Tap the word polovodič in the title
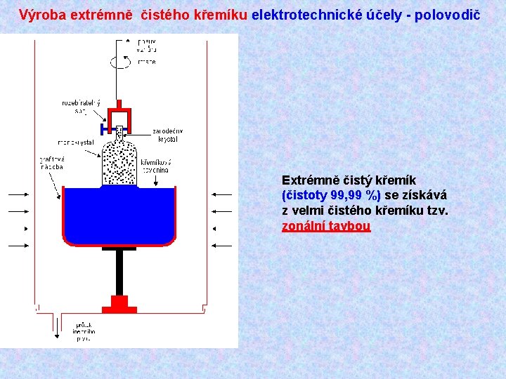448,14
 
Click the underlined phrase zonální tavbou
325,226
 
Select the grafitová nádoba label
51,163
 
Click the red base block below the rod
119,304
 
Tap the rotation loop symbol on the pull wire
119,61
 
